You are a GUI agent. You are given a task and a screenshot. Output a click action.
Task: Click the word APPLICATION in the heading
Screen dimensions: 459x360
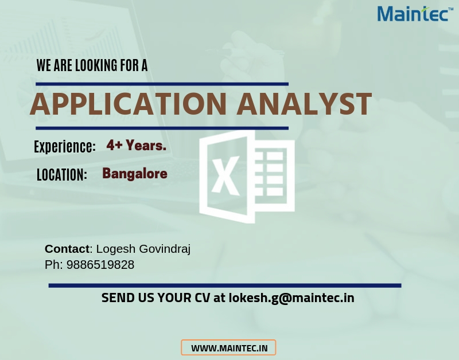128,104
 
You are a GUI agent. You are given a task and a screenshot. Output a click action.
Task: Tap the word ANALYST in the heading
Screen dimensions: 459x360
304,104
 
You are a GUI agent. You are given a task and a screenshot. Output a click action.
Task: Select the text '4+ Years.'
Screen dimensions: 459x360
137,145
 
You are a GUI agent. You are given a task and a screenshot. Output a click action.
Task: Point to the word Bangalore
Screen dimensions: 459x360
135,174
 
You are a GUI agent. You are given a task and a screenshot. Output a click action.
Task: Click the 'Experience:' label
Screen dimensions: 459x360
65,146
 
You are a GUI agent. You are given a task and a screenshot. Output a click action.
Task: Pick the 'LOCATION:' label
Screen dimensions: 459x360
62,175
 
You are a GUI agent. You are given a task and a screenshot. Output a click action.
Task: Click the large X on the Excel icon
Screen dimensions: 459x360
225,176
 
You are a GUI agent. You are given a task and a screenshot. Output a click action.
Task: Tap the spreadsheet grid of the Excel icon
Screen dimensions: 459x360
271,174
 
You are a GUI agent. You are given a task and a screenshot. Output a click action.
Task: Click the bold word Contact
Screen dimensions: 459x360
67,249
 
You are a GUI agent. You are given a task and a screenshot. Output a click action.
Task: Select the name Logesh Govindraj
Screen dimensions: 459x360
143,249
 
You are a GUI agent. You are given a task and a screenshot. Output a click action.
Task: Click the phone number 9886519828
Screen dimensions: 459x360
100,265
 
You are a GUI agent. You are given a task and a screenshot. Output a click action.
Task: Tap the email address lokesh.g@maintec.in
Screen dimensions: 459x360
291,298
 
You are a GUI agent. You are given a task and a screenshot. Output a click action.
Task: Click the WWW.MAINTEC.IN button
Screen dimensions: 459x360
228,348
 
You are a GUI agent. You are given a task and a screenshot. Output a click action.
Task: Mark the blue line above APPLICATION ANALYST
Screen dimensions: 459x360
162,84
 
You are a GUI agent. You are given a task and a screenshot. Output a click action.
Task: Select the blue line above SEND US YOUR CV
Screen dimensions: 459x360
225,285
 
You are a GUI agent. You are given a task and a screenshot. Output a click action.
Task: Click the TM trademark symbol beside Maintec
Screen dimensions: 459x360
451,9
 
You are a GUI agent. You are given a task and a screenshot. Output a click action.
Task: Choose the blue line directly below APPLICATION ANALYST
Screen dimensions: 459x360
162,128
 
